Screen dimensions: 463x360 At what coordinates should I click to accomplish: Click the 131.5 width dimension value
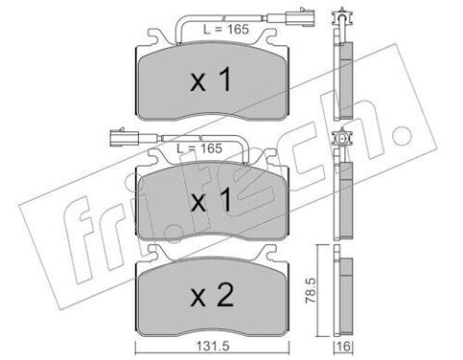(x=212, y=346)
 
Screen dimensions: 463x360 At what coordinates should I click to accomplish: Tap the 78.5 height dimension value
(x=311, y=291)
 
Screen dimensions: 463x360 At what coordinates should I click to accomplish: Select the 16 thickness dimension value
(x=343, y=346)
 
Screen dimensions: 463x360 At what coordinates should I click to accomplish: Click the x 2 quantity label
(x=212, y=296)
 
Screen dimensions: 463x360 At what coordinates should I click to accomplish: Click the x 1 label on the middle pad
(x=211, y=200)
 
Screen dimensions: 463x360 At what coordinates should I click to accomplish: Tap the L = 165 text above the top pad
(x=226, y=30)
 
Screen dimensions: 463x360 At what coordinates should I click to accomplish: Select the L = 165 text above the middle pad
(x=200, y=149)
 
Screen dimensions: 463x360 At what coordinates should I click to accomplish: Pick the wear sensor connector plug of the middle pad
(x=123, y=136)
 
